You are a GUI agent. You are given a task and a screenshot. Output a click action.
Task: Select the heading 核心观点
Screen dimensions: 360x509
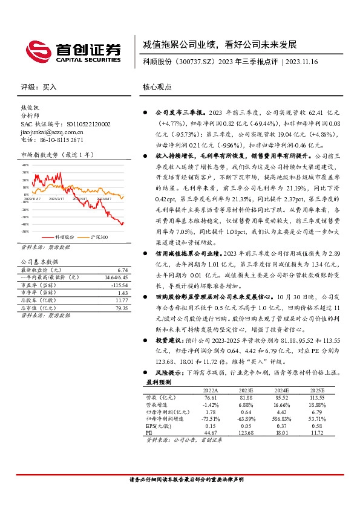pos(159,87)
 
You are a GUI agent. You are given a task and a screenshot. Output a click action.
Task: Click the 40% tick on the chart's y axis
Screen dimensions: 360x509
pos(25,164)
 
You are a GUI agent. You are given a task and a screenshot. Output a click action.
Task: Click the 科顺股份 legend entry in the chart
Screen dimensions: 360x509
pos(64,238)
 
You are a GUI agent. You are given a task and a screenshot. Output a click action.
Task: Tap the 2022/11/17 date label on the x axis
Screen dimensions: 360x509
pos(33,197)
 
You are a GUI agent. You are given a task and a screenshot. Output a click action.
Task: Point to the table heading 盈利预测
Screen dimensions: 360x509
pos(159,400)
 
